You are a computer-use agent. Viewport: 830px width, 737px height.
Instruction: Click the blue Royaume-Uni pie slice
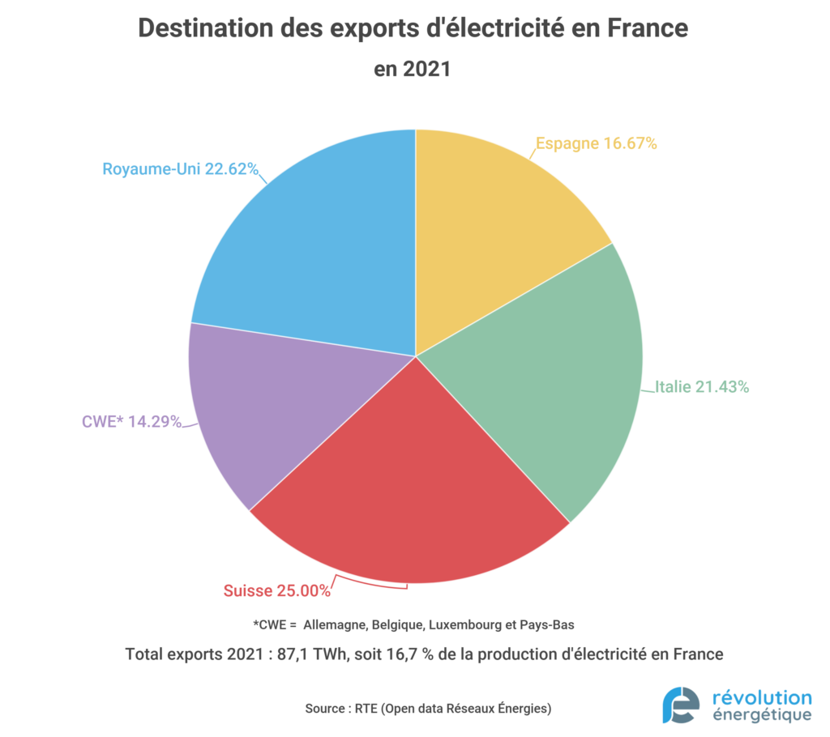pos(316,243)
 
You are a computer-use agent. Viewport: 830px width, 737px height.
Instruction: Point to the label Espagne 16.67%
pos(596,143)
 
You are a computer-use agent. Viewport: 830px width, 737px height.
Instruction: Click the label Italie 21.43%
pos(701,387)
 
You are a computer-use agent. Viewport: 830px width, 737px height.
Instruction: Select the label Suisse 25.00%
pos(277,590)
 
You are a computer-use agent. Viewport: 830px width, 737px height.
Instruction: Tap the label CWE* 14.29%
pos(131,421)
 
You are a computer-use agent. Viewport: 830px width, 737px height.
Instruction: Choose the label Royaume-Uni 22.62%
pos(180,169)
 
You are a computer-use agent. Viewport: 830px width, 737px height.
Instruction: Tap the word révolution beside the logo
pos(760,697)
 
